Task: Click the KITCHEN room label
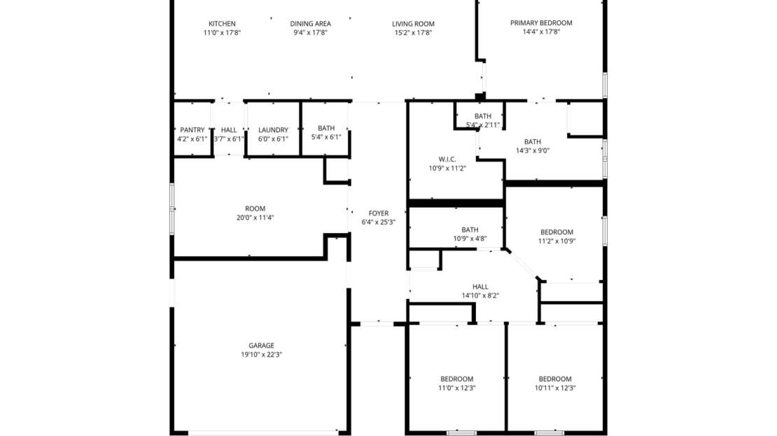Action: pyautogui.click(x=222, y=24)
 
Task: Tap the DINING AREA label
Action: pyautogui.click(x=311, y=24)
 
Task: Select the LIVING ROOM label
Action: pyautogui.click(x=413, y=24)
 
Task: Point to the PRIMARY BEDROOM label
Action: pyautogui.click(x=541, y=23)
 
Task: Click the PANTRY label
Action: pyautogui.click(x=192, y=129)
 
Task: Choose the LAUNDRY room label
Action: pyautogui.click(x=273, y=129)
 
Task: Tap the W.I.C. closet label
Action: pyautogui.click(x=448, y=159)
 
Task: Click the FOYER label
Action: pyautogui.click(x=379, y=213)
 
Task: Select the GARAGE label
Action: pyautogui.click(x=261, y=345)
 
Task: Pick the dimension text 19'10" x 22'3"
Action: pyautogui.click(x=261, y=355)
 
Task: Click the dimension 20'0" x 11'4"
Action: pyautogui.click(x=255, y=218)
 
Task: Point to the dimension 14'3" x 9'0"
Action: pyautogui.click(x=533, y=150)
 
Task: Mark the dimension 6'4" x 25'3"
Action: pyautogui.click(x=379, y=223)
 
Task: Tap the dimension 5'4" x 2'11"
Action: pyautogui.click(x=483, y=125)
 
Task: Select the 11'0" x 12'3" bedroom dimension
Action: pyautogui.click(x=457, y=388)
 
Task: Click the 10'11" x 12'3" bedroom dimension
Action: pyautogui.click(x=555, y=388)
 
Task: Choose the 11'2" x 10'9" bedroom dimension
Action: pyautogui.click(x=556, y=241)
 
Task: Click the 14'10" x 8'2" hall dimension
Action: pyautogui.click(x=480, y=295)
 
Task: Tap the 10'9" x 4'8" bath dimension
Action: pyautogui.click(x=470, y=239)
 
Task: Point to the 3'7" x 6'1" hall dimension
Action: pyautogui.click(x=229, y=139)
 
